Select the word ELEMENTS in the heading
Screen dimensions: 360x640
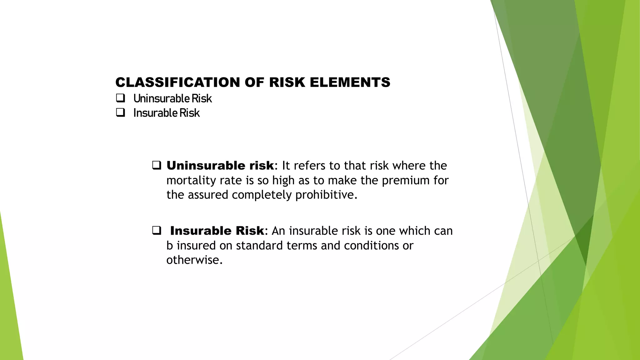point(350,82)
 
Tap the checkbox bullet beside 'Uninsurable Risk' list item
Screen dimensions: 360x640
point(120,98)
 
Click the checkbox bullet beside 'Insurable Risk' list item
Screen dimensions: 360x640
point(120,112)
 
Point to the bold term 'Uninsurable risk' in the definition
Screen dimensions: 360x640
point(220,166)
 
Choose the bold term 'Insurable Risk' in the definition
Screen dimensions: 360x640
point(217,231)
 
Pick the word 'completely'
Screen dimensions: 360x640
point(262,195)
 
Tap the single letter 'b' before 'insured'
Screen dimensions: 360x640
point(169,246)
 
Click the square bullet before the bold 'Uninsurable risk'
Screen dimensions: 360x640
point(157,165)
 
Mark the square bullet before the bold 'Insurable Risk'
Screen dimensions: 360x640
point(157,231)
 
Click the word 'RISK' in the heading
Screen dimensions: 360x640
point(287,82)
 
